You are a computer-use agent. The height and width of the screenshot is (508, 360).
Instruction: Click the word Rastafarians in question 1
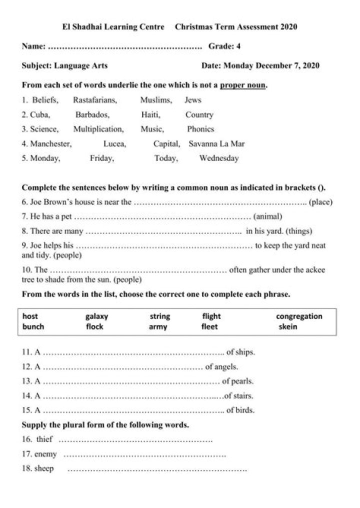(x=95, y=100)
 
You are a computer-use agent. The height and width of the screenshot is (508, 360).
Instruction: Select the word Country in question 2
(x=199, y=114)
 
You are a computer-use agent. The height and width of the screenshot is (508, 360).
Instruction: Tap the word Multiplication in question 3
(x=98, y=129)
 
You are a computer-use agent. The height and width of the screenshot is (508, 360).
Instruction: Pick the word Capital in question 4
(x=166, y=143)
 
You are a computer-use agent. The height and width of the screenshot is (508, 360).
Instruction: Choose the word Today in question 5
(x=166, y=158)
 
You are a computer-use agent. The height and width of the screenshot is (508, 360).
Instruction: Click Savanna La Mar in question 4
(x=216, y=143)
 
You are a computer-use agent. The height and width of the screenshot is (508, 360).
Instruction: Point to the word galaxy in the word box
(x=96, y=316)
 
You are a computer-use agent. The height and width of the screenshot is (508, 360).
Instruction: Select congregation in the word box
(x=299, y=316)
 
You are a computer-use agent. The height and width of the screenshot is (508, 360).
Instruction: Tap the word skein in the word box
(x=288, y=327)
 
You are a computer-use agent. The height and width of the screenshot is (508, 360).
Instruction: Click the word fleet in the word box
(x=210, y=327)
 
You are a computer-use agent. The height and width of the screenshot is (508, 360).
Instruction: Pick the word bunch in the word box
(x=33, y=327)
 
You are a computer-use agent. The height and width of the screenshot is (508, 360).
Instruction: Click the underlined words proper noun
(x=242, y=85)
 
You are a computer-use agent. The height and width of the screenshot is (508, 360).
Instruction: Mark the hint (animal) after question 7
(x=268, y=216)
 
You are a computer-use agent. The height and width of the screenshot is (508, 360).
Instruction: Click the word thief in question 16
(x=44, y=439)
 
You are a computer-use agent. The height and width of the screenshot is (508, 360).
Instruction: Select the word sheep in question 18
(x=44, y=469)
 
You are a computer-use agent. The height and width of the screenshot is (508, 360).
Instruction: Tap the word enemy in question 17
(x=45, y=454)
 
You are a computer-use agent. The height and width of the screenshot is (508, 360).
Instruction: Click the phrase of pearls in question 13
(x=238, y=381)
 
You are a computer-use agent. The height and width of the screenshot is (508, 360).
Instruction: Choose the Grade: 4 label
(x=224, y=46)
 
